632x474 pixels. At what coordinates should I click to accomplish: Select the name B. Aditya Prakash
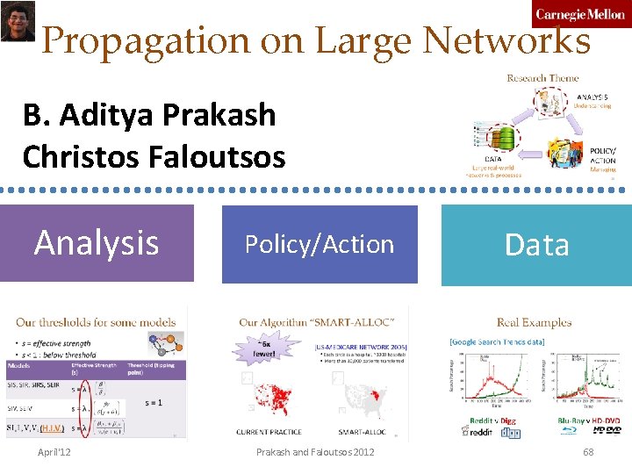(149, 114)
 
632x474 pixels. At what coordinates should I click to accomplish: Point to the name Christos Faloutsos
(154, 156)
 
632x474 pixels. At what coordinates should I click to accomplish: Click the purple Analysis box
(97, 243)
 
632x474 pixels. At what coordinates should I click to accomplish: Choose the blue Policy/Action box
(320, 244)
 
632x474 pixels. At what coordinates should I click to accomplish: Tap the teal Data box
(536, 244)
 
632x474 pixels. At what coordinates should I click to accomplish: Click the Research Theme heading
(542, 78)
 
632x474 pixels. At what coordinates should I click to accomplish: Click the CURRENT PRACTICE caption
(269, 432)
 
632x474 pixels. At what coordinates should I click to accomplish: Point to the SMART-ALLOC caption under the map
(361, 432)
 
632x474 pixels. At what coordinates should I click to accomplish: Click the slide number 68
(588, 451)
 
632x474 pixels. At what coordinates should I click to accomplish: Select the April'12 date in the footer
(54, 451)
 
